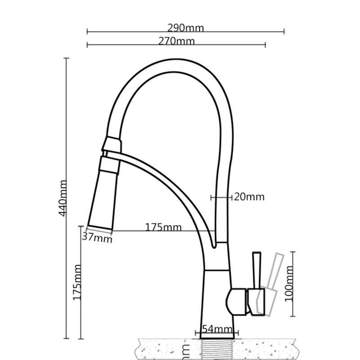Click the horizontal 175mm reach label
(x=163, y=227)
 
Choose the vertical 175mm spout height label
(x=77, y=283)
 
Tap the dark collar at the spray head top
(x=111, y=144)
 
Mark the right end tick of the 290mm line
(x=284, y=31)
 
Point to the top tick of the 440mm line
(x=67, y=58)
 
